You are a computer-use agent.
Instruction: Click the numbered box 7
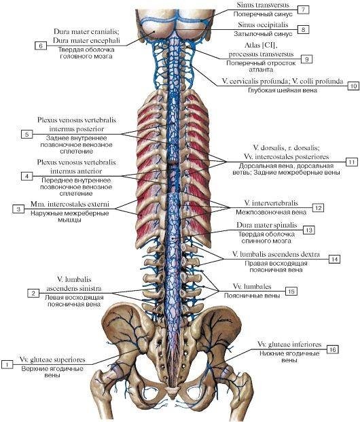(303, 10)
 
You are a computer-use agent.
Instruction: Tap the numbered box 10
(353, 86)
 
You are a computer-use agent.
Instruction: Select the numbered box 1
(7, 364)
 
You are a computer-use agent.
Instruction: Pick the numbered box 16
(333, 349)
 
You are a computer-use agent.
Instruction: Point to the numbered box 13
(309, 230)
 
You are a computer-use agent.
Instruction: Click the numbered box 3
(18, 209)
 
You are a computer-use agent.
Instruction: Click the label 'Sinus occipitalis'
(263, 24)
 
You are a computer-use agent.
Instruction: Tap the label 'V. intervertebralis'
(271, 203)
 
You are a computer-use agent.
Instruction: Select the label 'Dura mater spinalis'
(267, 225)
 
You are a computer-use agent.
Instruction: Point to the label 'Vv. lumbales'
(252, 286)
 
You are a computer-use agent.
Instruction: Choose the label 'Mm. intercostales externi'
(70, 205)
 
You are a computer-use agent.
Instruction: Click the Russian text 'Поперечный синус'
(259, 14)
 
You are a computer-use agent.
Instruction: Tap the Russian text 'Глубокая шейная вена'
(283, 90)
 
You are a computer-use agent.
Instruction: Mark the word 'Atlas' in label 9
(252, 45)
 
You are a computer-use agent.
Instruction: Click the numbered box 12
(318, 208)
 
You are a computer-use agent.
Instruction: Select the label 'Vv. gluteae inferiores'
(289, 345)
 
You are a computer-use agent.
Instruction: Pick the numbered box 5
(27, 134)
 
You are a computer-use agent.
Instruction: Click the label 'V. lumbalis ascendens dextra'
(276, 254)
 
